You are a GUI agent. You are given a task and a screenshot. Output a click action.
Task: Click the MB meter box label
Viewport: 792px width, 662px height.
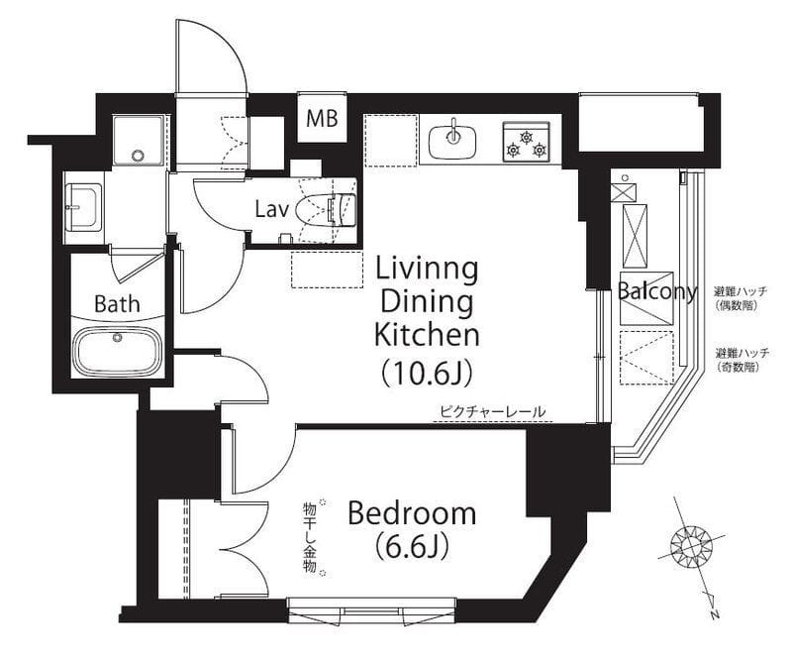323,119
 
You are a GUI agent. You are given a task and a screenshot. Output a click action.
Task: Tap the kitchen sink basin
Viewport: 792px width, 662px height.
453,142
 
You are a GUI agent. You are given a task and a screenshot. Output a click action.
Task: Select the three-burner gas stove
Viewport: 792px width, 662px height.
526,141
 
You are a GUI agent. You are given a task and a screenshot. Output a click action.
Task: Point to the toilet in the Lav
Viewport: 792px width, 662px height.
327,210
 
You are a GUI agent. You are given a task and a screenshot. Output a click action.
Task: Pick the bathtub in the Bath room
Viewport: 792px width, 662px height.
117,352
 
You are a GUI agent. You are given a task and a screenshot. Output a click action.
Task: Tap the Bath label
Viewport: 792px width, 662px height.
117,304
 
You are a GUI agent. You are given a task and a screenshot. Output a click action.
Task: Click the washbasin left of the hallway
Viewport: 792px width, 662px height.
83,207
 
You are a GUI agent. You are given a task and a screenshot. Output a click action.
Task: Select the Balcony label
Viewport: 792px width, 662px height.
657,291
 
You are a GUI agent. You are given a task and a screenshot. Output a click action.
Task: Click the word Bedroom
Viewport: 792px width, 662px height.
412,513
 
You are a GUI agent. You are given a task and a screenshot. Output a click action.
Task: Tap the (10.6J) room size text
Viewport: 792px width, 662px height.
428,374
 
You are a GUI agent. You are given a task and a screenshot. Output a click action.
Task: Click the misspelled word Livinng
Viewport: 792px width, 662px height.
427,271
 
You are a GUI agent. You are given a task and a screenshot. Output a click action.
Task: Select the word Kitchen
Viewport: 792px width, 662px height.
427,334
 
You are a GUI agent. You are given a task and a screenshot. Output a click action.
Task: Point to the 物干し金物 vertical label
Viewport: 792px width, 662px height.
309,537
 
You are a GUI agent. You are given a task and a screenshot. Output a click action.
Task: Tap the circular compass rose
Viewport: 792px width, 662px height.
690,545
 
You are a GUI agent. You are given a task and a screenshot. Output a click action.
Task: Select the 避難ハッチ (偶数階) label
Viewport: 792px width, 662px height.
740,298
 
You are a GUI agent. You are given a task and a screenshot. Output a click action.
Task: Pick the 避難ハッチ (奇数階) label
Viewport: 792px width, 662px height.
742,360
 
